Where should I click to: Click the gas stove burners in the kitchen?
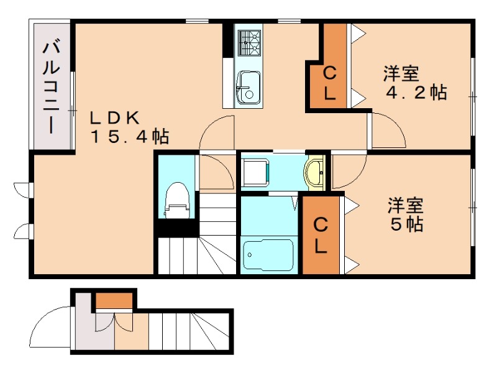coord(248,42)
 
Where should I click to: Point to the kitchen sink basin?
coord(248,87)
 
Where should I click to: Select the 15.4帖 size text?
coord(130,136)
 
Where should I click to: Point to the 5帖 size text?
coord(407,224)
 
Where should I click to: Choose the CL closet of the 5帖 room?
coord(321,235)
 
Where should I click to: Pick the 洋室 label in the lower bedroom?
coord(406,204)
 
